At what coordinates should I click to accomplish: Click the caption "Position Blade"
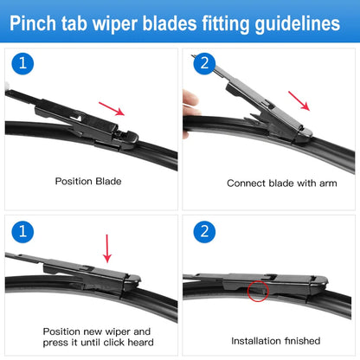[88, 183]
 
